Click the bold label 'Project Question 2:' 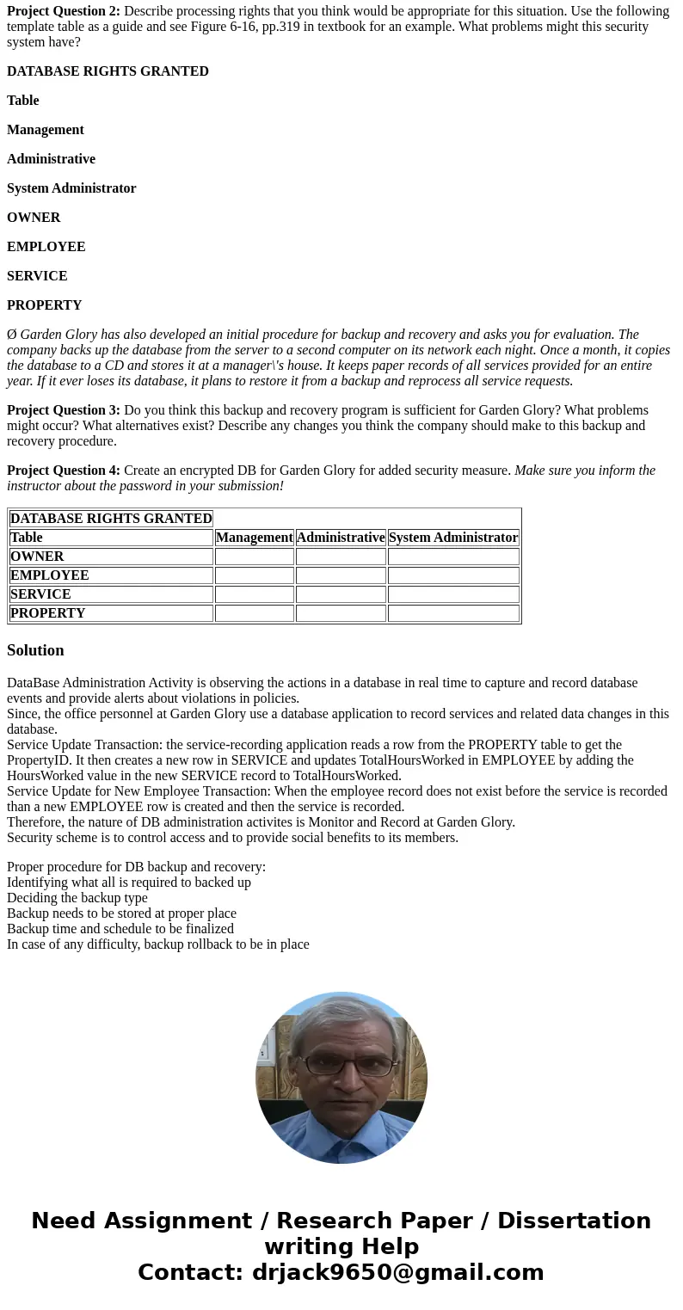point(64,11)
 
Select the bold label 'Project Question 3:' point(64,410)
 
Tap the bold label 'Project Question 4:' point(64,470)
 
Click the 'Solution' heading point(35,650)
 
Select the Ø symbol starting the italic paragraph point(11,335)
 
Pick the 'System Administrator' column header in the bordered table point(453,538)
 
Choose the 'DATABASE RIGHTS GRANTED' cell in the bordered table point(111,519)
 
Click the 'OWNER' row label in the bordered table point(37,557)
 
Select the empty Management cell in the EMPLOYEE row point(254,575)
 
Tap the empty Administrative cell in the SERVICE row point(341,594)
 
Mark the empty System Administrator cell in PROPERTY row point(453,613)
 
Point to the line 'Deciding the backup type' point(77,898)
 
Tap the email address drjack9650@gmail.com point(397,1273)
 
